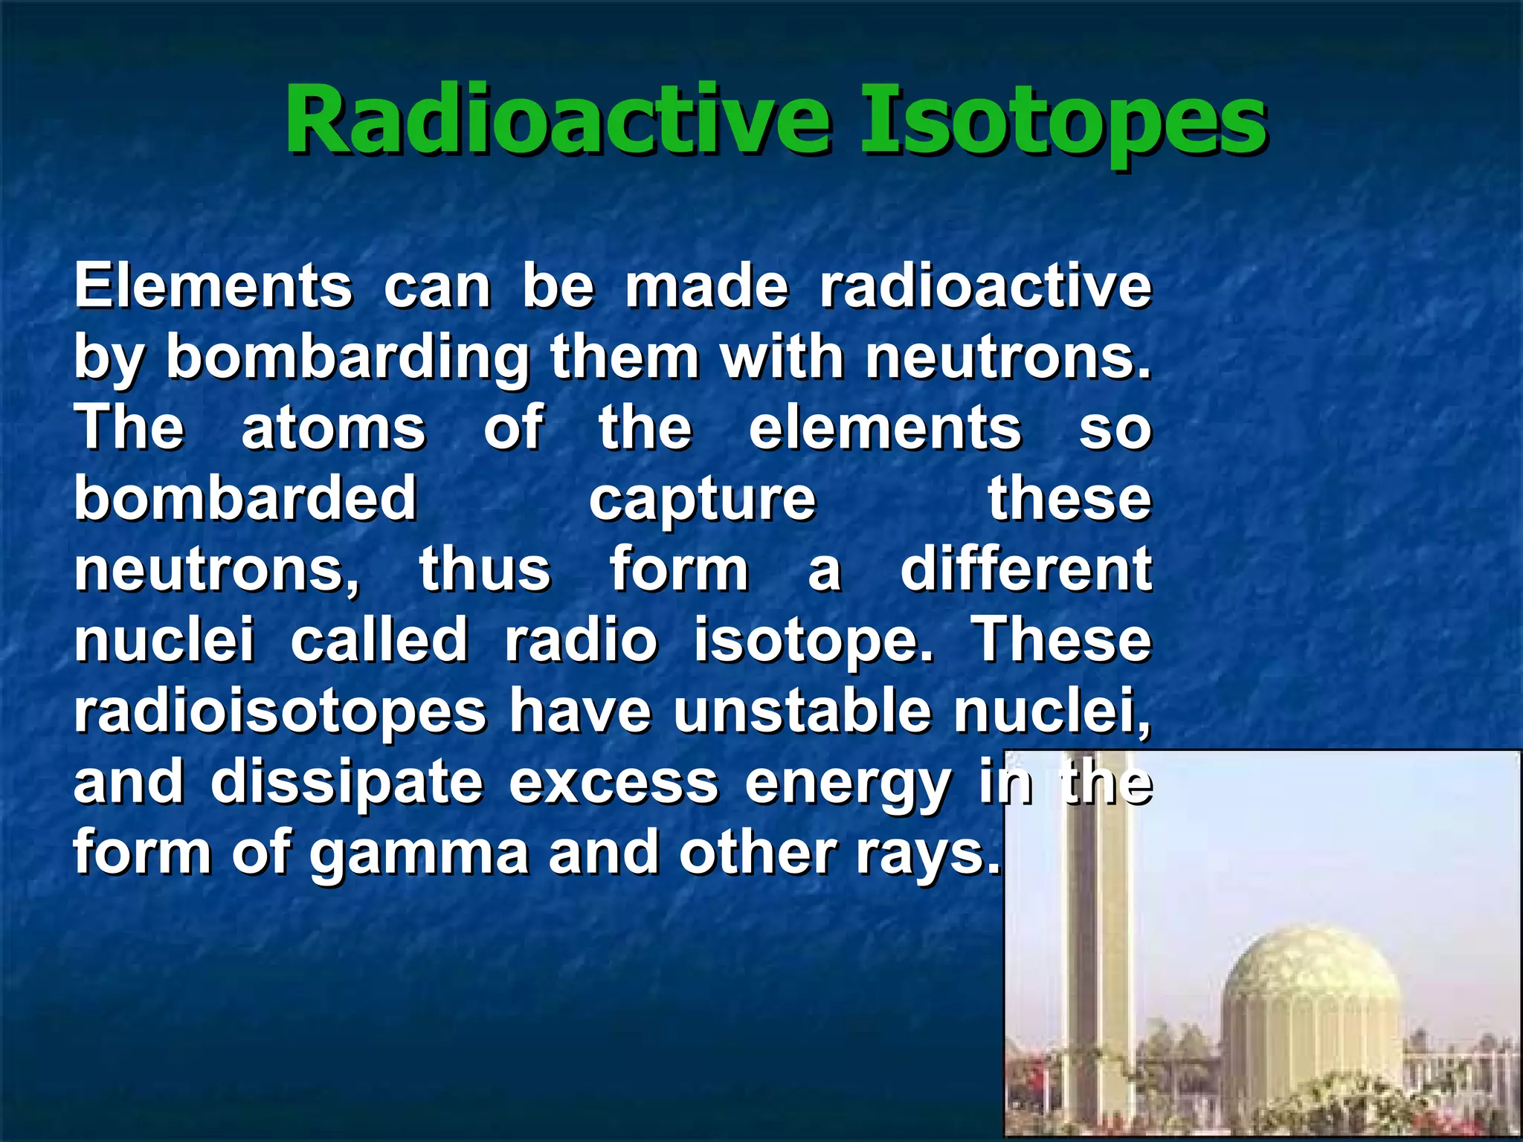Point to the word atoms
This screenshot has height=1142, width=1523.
point(333,429)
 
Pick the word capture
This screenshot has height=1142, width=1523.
point(702,500)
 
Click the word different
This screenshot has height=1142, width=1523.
point(1026,570)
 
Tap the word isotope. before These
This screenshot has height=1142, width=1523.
point(813,641)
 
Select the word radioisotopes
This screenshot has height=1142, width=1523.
point(280,712)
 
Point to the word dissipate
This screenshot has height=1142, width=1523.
point(347,783)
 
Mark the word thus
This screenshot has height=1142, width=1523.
point(485,570)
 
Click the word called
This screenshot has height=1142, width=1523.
point(379,641)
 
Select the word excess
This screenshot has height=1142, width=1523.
point(614,783)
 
